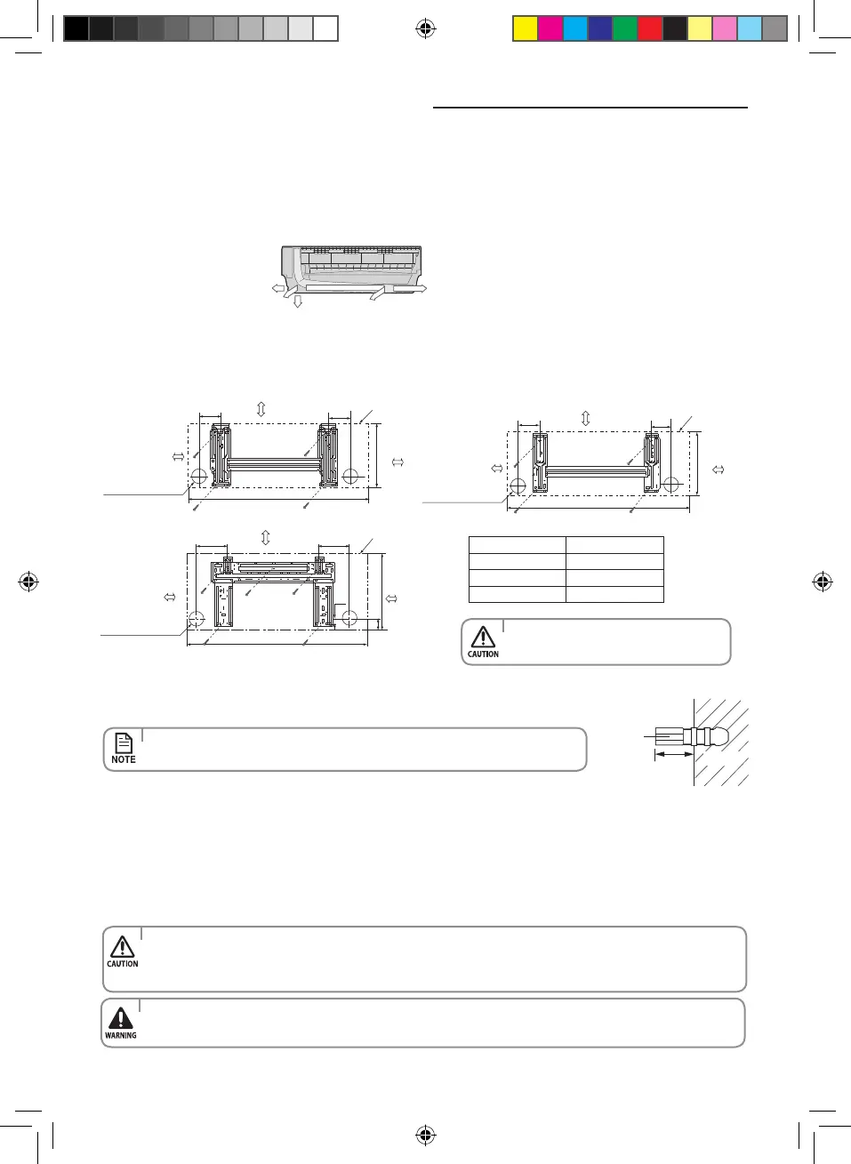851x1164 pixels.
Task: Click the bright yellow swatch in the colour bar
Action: pyautogui.click(x=526, y=28)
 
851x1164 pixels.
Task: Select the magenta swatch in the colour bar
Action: pyautogui.click(x=550, y=28)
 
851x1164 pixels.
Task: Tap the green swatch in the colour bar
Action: pyautogui.click(x=625, y=28)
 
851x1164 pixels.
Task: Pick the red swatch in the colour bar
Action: pyautogui.click(x=650, y=28)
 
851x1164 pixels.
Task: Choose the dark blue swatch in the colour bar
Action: pyautogui.click(x=600, y=28)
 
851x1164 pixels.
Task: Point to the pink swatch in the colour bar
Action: pyautogui.click(x=725, y=28)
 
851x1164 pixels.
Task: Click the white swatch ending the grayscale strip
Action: pyautogui.click(x=325, y=28)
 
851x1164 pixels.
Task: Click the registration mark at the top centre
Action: pyautogui.click(x=425, y=28)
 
